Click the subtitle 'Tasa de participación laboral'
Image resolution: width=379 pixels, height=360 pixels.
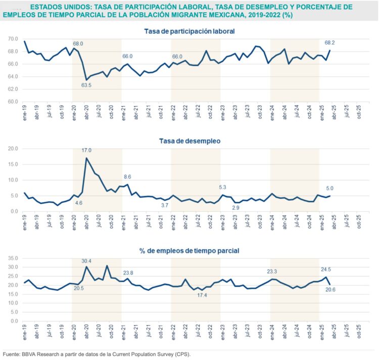[189, 31]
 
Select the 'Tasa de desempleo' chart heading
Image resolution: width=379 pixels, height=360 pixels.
[189, 142]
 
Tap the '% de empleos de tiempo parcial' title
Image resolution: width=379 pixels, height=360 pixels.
[189, 250]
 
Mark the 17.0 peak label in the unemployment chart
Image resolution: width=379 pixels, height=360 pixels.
[86, 150]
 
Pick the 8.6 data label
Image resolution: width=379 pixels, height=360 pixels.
[128, 177]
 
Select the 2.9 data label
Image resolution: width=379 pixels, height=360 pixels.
[235, 208]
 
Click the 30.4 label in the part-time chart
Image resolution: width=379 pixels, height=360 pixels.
[86, 260]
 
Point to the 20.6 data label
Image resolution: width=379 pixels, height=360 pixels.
[330, 290]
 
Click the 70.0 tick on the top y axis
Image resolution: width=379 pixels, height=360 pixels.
[14, 39]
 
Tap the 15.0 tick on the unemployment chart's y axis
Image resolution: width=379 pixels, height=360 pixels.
[14, 164]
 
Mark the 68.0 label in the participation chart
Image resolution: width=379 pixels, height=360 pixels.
[78, 43]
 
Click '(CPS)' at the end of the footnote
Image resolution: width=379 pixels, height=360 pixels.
[183, 354]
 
